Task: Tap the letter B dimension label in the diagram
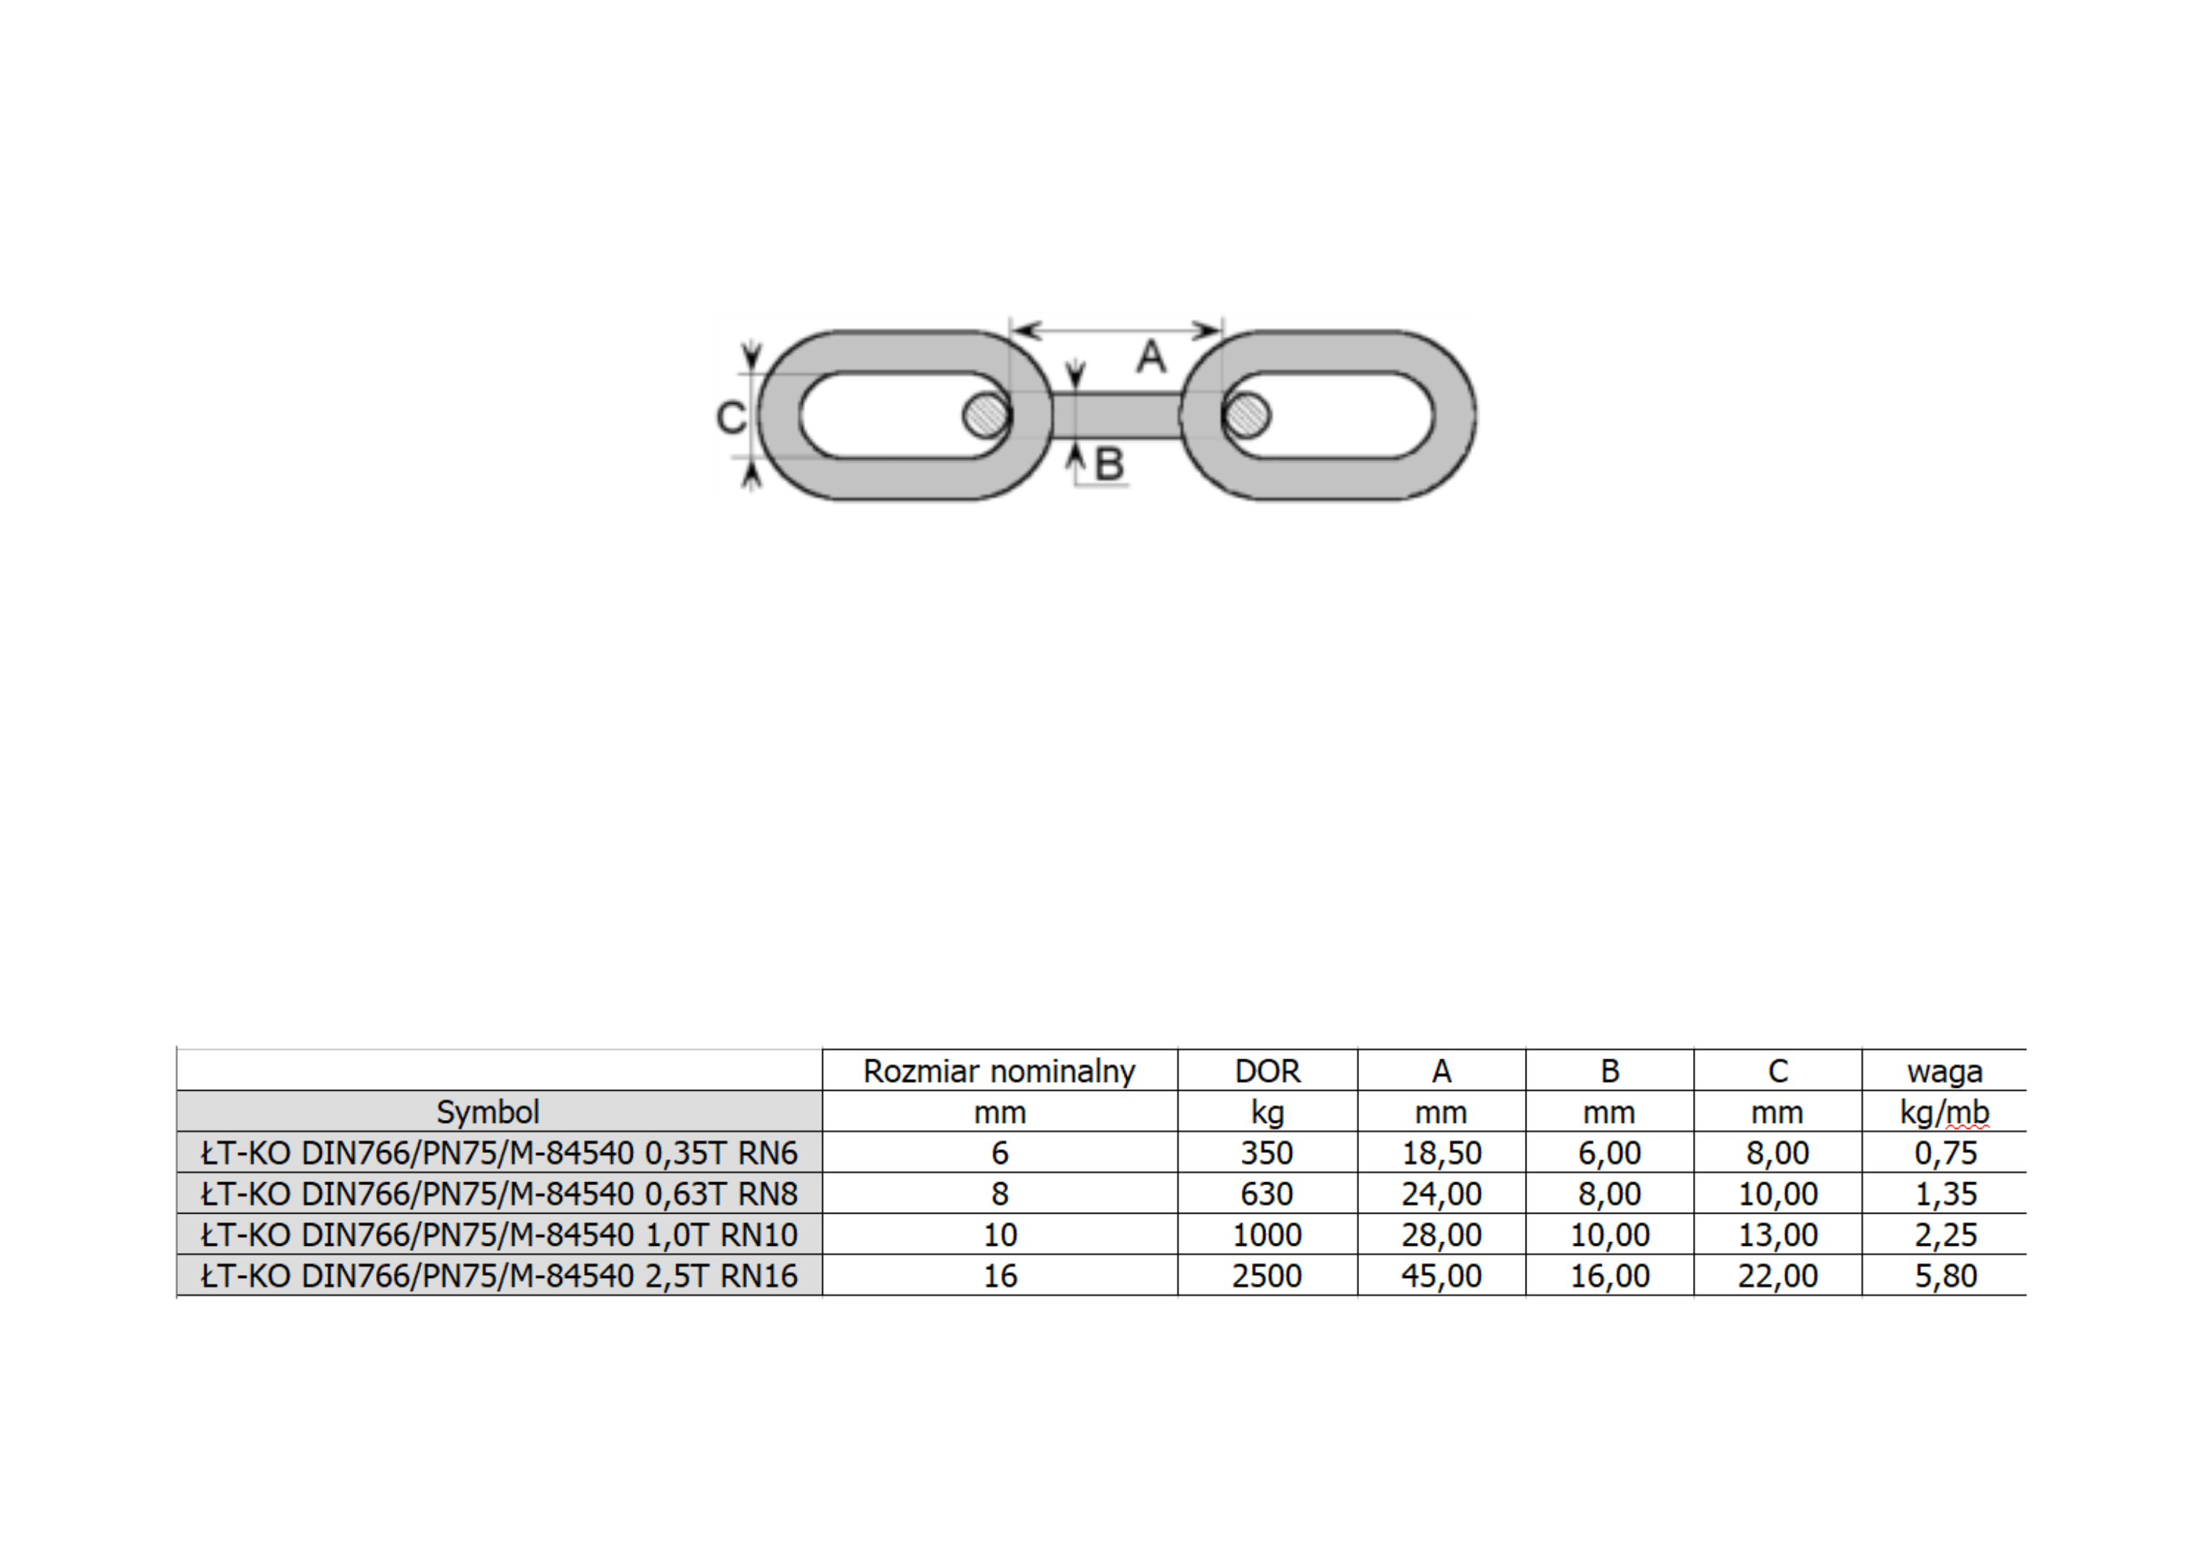coord(1110,464)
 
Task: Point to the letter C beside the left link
coord(731,417)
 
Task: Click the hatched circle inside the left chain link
coord(986,415)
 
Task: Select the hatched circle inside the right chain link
coord(1246,415)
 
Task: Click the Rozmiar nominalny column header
coord(999,1071)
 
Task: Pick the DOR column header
coord(1268,1071)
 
